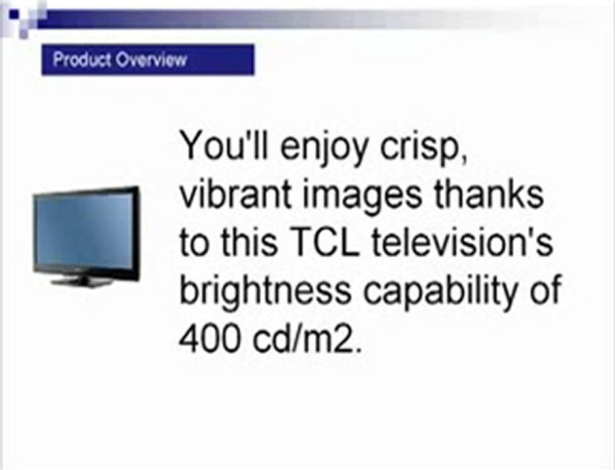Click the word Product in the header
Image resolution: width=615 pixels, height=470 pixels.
tap(83, 60)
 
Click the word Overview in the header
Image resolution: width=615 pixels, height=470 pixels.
tap(151, 60)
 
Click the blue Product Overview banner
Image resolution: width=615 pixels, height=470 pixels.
tap(148, 60)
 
